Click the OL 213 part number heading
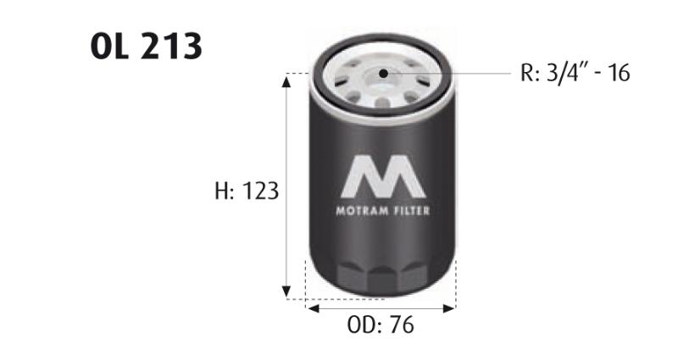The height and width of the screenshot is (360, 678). point(146,46)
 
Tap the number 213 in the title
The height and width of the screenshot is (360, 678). point(171,46)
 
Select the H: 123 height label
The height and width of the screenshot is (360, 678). point(247,191)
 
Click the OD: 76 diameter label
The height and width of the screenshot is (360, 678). point(381,324)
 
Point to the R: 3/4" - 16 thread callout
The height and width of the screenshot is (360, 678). point(575,73)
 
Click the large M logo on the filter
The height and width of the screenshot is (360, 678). point(383,176)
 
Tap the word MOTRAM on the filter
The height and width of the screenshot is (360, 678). point(363,211)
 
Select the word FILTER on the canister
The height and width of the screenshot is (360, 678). point(412,211)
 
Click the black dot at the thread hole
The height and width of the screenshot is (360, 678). point(383,74)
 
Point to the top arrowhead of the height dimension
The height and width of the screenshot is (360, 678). point(286,80)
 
